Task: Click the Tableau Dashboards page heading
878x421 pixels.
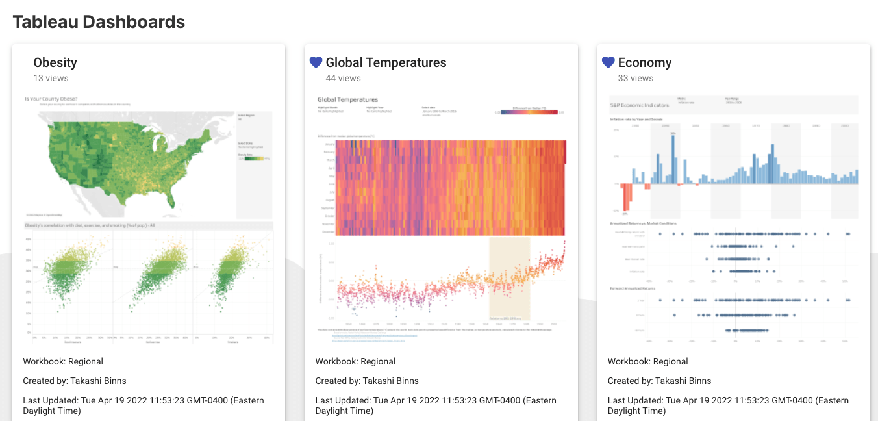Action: click(x=99, y=21)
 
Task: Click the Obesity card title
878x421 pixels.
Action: click(x=55, y=62)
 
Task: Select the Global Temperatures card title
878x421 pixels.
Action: click(x=386, y=62)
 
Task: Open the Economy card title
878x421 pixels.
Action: click(x=644, y=62)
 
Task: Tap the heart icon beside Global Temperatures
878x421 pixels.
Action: click(x=316, y=62)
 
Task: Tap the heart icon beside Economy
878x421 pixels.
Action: click(x=608, y=62)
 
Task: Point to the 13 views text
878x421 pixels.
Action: click(x=51, y=78)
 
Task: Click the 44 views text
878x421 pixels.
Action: click(x=343, y=78)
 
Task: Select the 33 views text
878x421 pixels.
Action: click(x=635, y=78)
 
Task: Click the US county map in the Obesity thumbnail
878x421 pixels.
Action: click(x=130, y=162)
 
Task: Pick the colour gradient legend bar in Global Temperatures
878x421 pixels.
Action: click(x=529, y=112)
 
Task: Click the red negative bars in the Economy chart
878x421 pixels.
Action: click(x=627, y=197)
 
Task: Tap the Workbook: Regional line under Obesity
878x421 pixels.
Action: click(x=63, y=361)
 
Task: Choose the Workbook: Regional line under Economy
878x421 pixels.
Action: click(x=647, y=361)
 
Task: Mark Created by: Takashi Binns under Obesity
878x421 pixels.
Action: click(x=75, y=381)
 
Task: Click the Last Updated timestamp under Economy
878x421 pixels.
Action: click(x=728, y=405)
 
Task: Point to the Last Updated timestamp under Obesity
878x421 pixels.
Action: click(x=144, y=405)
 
